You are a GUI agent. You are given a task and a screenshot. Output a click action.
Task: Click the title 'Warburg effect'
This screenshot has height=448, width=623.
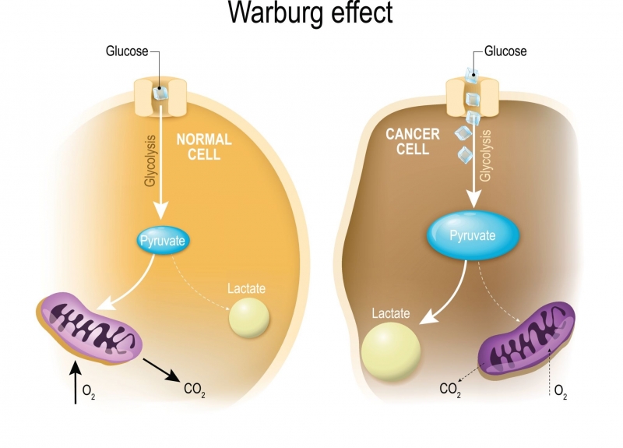point(311,14)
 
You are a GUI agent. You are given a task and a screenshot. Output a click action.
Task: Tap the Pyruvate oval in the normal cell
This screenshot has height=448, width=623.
point(162,241)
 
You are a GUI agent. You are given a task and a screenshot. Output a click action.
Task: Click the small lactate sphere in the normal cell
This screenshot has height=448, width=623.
point(248,316)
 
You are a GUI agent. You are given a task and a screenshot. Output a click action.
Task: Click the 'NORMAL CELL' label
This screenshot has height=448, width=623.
point(204,146)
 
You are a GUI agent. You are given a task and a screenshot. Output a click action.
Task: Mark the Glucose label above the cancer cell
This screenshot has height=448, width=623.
point(505,51)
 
